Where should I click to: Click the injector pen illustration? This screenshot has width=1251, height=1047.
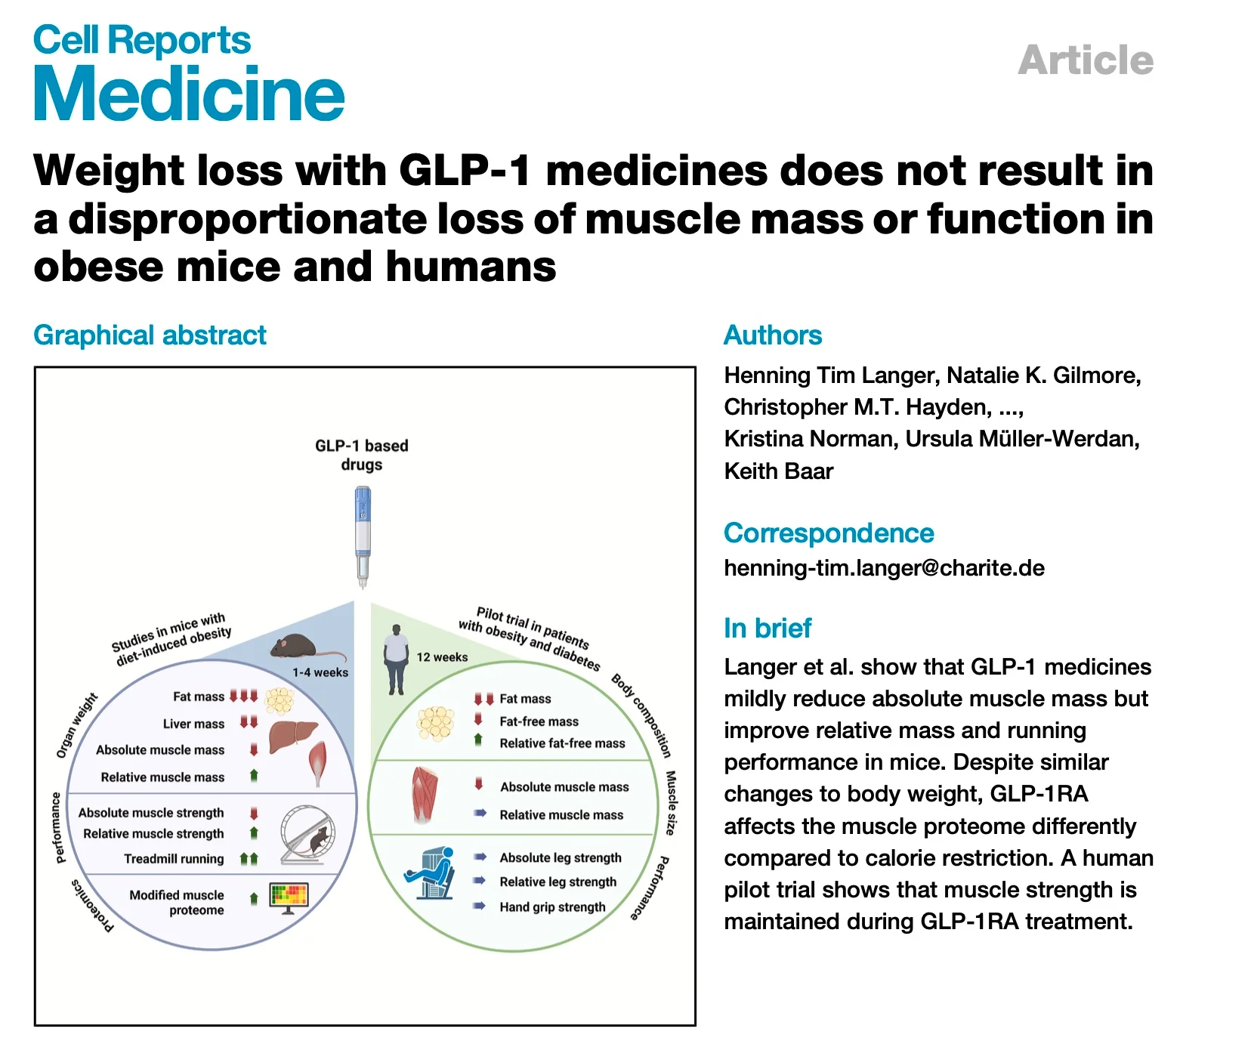pyautogui.click(x=363, y=537)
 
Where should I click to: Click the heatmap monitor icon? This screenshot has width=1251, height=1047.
pyautogui.click(x=289, y=897)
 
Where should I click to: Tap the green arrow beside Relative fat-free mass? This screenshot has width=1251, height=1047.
pyautogui.click(x=478, y=740)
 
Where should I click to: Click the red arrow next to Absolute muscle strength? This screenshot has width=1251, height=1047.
pyautogui.click(x=254, y=813)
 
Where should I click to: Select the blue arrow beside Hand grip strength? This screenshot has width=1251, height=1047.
pyautogui.click(x=480, y=906)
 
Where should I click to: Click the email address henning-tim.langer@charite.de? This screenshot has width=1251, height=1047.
pyautogui.click(x=884, y=568)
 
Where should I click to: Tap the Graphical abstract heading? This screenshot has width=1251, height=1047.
pyautogui.click(x=150, y=335)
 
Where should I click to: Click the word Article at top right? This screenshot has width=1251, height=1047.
pyautogui.click(x=1085, y=60)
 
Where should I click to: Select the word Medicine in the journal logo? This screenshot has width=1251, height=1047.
pyautogui.click(x=189, y=94)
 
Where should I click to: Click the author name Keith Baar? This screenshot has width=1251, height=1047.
pyautogui.click(x=778, y=471)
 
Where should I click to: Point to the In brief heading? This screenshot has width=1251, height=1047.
pyautogui.click(x=767, y=628)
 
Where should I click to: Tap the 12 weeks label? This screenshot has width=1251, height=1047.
pyautogui.click(x=442, y=657)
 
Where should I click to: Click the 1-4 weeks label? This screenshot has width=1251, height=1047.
pyautogui.click(x=320, y=672)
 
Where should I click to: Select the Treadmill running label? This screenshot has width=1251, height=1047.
pyautogui.click(x=174, y=859)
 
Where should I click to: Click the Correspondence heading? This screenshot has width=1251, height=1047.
pyautogui.click(x=828, y=533)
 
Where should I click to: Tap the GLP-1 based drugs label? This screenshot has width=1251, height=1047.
pyautogui.click(x=362, y=455)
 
